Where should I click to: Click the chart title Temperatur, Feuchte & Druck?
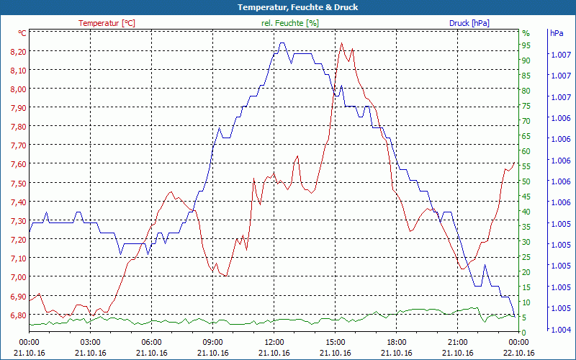coord(288,7)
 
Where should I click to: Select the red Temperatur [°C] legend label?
coord(107,23)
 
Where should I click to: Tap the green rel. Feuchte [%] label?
coord(290,23)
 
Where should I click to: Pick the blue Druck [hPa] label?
coord(469,23)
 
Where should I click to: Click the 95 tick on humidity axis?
coord(526,45)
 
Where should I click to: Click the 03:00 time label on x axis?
coord(90,342)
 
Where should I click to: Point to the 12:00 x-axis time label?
coord(274,342)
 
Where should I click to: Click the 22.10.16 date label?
coord(518,353)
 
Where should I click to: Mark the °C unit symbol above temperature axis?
coord(22,33)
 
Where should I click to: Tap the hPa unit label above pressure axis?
coord(556,33)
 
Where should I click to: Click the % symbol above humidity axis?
coord(526,33)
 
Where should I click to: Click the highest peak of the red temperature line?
coord(341,43)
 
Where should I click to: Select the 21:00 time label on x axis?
coord(457,342)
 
